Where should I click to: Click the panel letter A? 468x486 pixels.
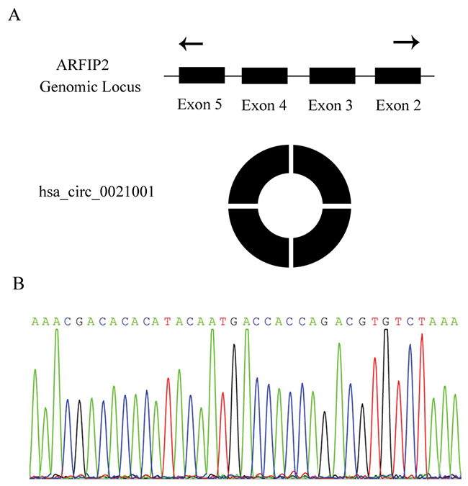point(14,16)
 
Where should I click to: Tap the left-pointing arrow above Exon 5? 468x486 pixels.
point(191,45)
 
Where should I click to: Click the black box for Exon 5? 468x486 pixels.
point(202,76)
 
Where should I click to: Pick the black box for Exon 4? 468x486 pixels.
point(265,76)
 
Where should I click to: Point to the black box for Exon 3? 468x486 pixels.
point(332,76)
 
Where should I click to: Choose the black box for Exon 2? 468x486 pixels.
point(398,76)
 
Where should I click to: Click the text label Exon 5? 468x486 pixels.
point(199,105)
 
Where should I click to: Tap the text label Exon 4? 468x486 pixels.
point(264,106)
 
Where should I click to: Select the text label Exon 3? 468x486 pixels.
point(330,106)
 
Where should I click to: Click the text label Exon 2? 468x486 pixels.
point(398,106)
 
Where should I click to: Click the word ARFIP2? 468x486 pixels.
point(78,66)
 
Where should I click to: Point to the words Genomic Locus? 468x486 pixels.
point(90,86)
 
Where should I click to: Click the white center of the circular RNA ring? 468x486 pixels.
point(289,207)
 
